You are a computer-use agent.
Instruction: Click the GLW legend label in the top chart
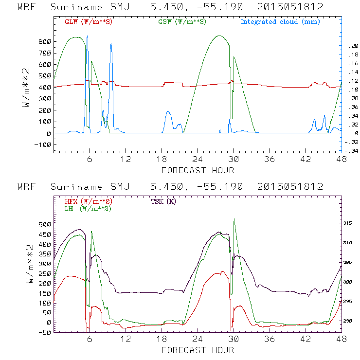(89, 22)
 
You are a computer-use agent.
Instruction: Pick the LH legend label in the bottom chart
(89, 208)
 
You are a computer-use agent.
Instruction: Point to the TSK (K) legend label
(163, 201)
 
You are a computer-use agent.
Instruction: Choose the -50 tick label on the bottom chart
(44, 332)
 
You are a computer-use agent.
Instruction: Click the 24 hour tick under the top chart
(198, 160)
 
